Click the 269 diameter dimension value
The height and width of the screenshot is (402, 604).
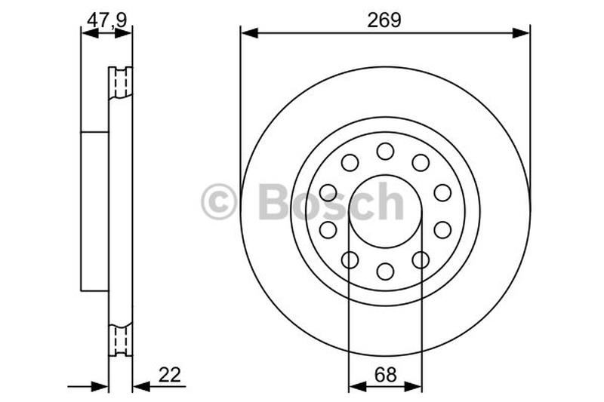click(x=384, y=20)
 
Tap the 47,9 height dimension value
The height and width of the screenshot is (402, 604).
click(x=106, y=20)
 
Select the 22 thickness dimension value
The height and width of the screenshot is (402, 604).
click(x=169, y=375)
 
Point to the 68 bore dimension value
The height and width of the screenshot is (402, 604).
click(x=385, y=375)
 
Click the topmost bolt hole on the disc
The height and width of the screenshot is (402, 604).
click(x=385, y=151)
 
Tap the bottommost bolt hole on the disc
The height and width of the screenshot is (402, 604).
click(x=385, y=272)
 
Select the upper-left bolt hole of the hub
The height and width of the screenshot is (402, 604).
click(x=350, y=163)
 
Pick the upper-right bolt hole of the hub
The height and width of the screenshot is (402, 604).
click(x=421, y=163)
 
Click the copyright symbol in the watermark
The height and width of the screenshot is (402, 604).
click(x=218, y=201)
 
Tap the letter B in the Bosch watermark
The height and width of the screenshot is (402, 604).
click(x=274, y=201)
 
